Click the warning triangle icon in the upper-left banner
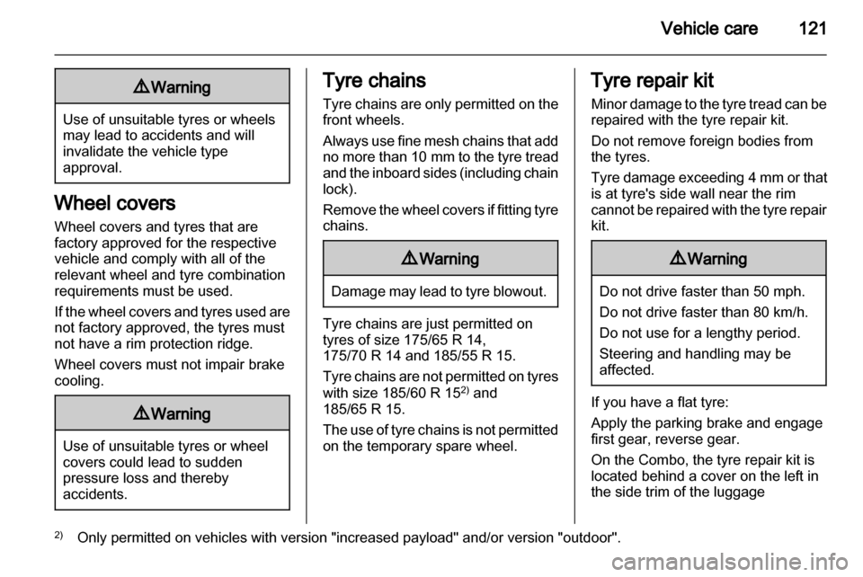pyautogui.click(x=141, y=87)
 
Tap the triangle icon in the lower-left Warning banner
pyautogui.click(x=141, y=413)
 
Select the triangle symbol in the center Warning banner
pyautogui.click(x=410, y=259)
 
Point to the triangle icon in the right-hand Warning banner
pyautogui.click(x=678, y=259)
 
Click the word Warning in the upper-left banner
pyautogui.click(x=181, y=87)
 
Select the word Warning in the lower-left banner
pyautogui.click(x=181, y=413)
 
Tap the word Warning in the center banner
pyautogui.click(x=449, y=259)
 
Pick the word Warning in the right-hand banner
pyautogui.click(x=717, y=259)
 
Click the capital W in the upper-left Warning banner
pyautogui.click(x=156, y=87)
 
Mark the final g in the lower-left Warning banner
pyautogui.click(x=206, y=415)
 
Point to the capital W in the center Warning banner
pyautogui.click(x=425, y=259)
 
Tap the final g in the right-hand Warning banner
pyautogui.click(x=743, y=261)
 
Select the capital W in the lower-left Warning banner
pyautogui.click(x=156, y=413)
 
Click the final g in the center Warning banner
pyautogui.click(x=475, y=261)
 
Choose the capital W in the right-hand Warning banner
pyautogui.click(x=693, y=259)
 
